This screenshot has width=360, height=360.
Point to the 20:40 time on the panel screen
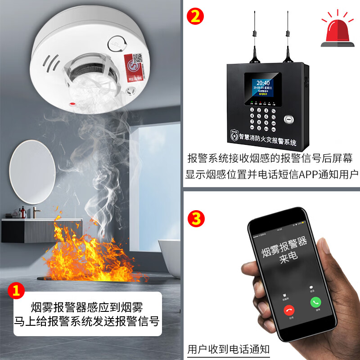263,83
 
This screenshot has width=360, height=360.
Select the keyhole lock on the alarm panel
288,120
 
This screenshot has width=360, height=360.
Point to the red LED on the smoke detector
72,104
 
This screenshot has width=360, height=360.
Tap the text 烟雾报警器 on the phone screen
284,247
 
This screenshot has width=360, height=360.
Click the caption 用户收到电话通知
228,349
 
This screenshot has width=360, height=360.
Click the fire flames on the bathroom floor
90,254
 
